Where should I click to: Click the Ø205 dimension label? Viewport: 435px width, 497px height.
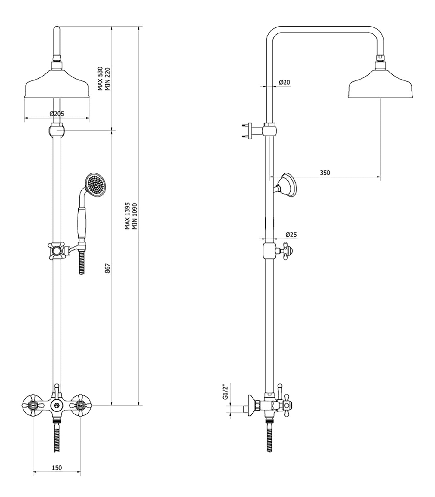click(57, 114)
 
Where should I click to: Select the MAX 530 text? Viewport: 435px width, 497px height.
click(100, 79)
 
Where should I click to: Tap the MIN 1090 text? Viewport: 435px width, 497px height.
click(135, 216)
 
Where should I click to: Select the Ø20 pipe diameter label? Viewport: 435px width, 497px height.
click(284, 82)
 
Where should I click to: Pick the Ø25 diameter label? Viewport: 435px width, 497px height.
click(291, 234)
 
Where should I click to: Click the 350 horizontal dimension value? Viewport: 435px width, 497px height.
click(325, 173)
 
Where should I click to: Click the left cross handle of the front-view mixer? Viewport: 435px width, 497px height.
click(31, 405)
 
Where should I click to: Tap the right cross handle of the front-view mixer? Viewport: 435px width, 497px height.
click(80, 405)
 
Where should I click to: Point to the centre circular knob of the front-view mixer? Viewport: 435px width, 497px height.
click(56, 405)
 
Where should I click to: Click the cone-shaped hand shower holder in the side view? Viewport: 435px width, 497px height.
click(287, 185)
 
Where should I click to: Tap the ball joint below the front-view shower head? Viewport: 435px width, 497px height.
click(57, 131)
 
